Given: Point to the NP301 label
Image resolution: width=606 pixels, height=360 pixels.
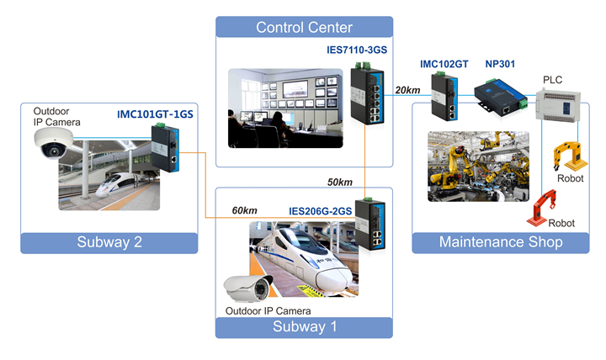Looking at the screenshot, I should pyautogui.click(x=502, y=64).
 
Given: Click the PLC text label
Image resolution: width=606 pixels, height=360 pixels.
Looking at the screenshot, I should pyautogui.click(x=552, y=80).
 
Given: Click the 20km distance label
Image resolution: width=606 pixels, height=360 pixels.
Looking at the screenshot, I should pyautogui.click(x=407, y=90).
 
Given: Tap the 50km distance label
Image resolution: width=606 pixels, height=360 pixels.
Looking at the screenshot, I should pyautogui.click(x=339, y=183).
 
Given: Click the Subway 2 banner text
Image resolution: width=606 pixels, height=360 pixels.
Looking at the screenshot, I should pyautogui.click(x=109, y=243).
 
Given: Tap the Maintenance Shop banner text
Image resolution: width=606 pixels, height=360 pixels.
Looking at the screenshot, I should pyautogui.click(x=500, y=242).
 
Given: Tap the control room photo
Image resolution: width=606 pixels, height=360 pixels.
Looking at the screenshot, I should pyautogui.click(x=284, y=109).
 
